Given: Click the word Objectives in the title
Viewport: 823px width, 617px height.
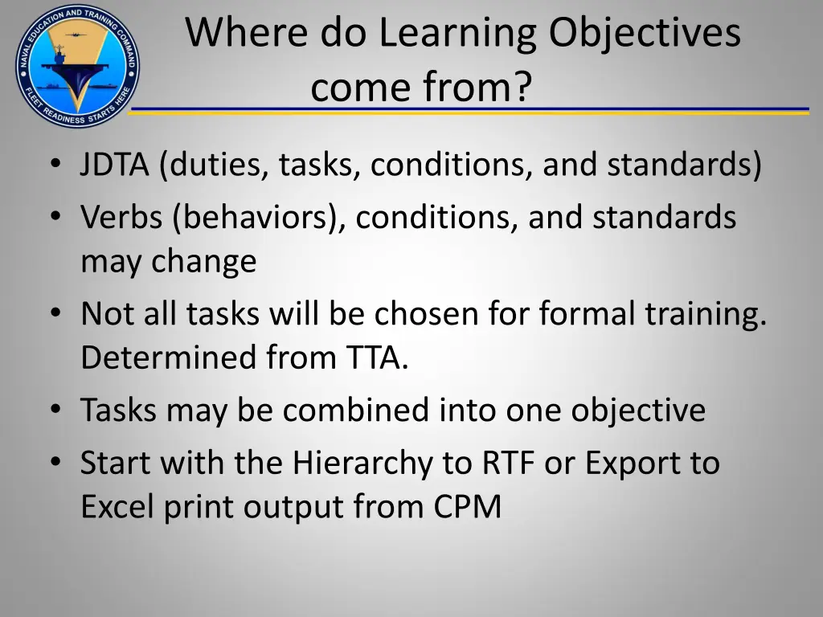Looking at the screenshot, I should pos(645,34).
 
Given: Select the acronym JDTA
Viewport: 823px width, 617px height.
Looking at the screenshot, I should pos(114,165).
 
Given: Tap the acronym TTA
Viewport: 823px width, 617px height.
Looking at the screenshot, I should pos(377,358).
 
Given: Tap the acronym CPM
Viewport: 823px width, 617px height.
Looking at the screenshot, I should pos(468,507).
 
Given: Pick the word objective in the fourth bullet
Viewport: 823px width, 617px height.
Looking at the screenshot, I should pos(638,411).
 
